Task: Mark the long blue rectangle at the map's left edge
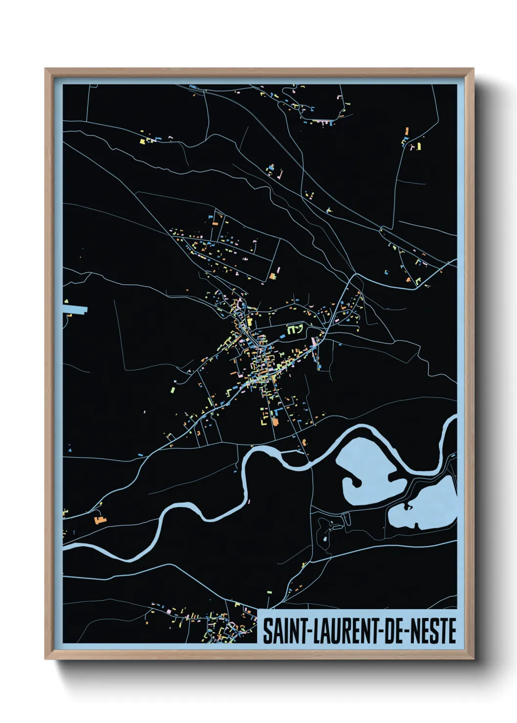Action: (x=74, y=309)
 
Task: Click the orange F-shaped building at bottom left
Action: (x=100, y=519)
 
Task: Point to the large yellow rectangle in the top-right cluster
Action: (x=419, y=146)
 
